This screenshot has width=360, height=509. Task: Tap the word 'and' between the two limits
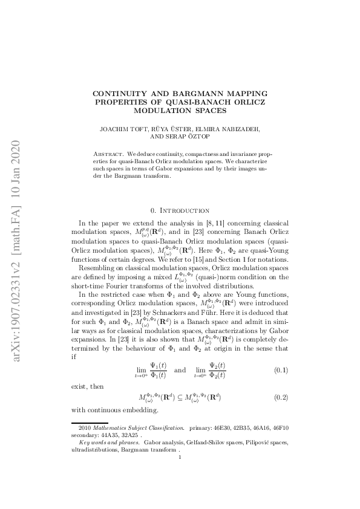click(x=180, y=369)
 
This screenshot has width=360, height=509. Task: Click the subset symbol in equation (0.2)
click(x=181, y=398)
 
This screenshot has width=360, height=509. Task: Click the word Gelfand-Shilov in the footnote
click(x=182, y=443)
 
